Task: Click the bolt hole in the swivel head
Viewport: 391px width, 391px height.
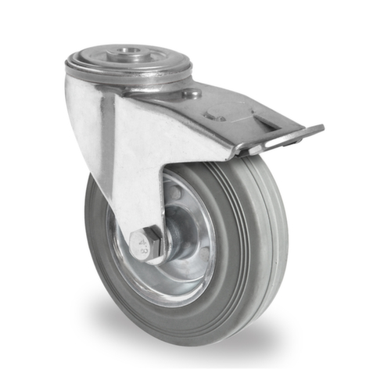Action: coord(129,56)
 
